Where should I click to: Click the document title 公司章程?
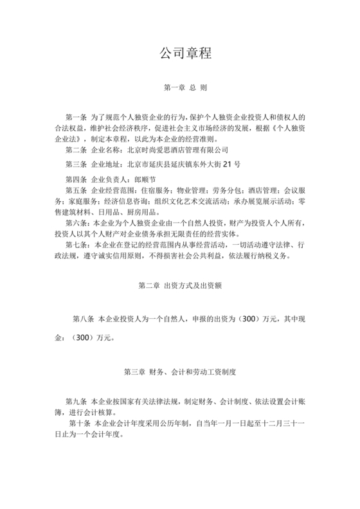click(x=180, y=53)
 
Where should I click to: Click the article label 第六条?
click(x=78, y=222)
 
